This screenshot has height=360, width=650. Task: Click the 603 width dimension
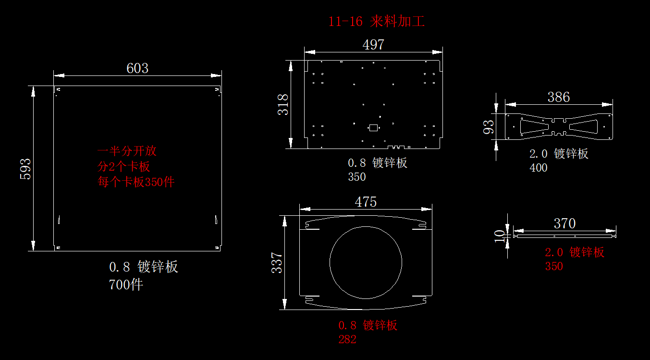(137, 68)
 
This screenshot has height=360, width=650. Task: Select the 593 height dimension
(25, 169)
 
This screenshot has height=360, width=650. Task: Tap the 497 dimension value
(373, 45)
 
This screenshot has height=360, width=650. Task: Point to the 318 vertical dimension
(283, 104)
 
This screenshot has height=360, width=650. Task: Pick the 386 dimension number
(559, 98)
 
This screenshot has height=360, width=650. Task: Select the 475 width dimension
(366, 202)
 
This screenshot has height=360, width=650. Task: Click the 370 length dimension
(564, 223)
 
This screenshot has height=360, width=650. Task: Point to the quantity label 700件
(126, 285)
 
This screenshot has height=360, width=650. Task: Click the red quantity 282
(347, 339)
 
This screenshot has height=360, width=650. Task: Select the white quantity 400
(538, 168)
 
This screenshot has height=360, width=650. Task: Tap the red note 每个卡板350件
(136, 182)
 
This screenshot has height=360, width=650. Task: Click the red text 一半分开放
(127, 151)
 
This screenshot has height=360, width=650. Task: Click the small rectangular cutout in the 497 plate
(373, 128)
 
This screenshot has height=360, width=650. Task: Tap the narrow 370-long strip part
(564, 236)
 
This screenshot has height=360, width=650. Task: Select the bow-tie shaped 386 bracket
(559, 126)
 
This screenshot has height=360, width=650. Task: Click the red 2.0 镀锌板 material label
(575, 252)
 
